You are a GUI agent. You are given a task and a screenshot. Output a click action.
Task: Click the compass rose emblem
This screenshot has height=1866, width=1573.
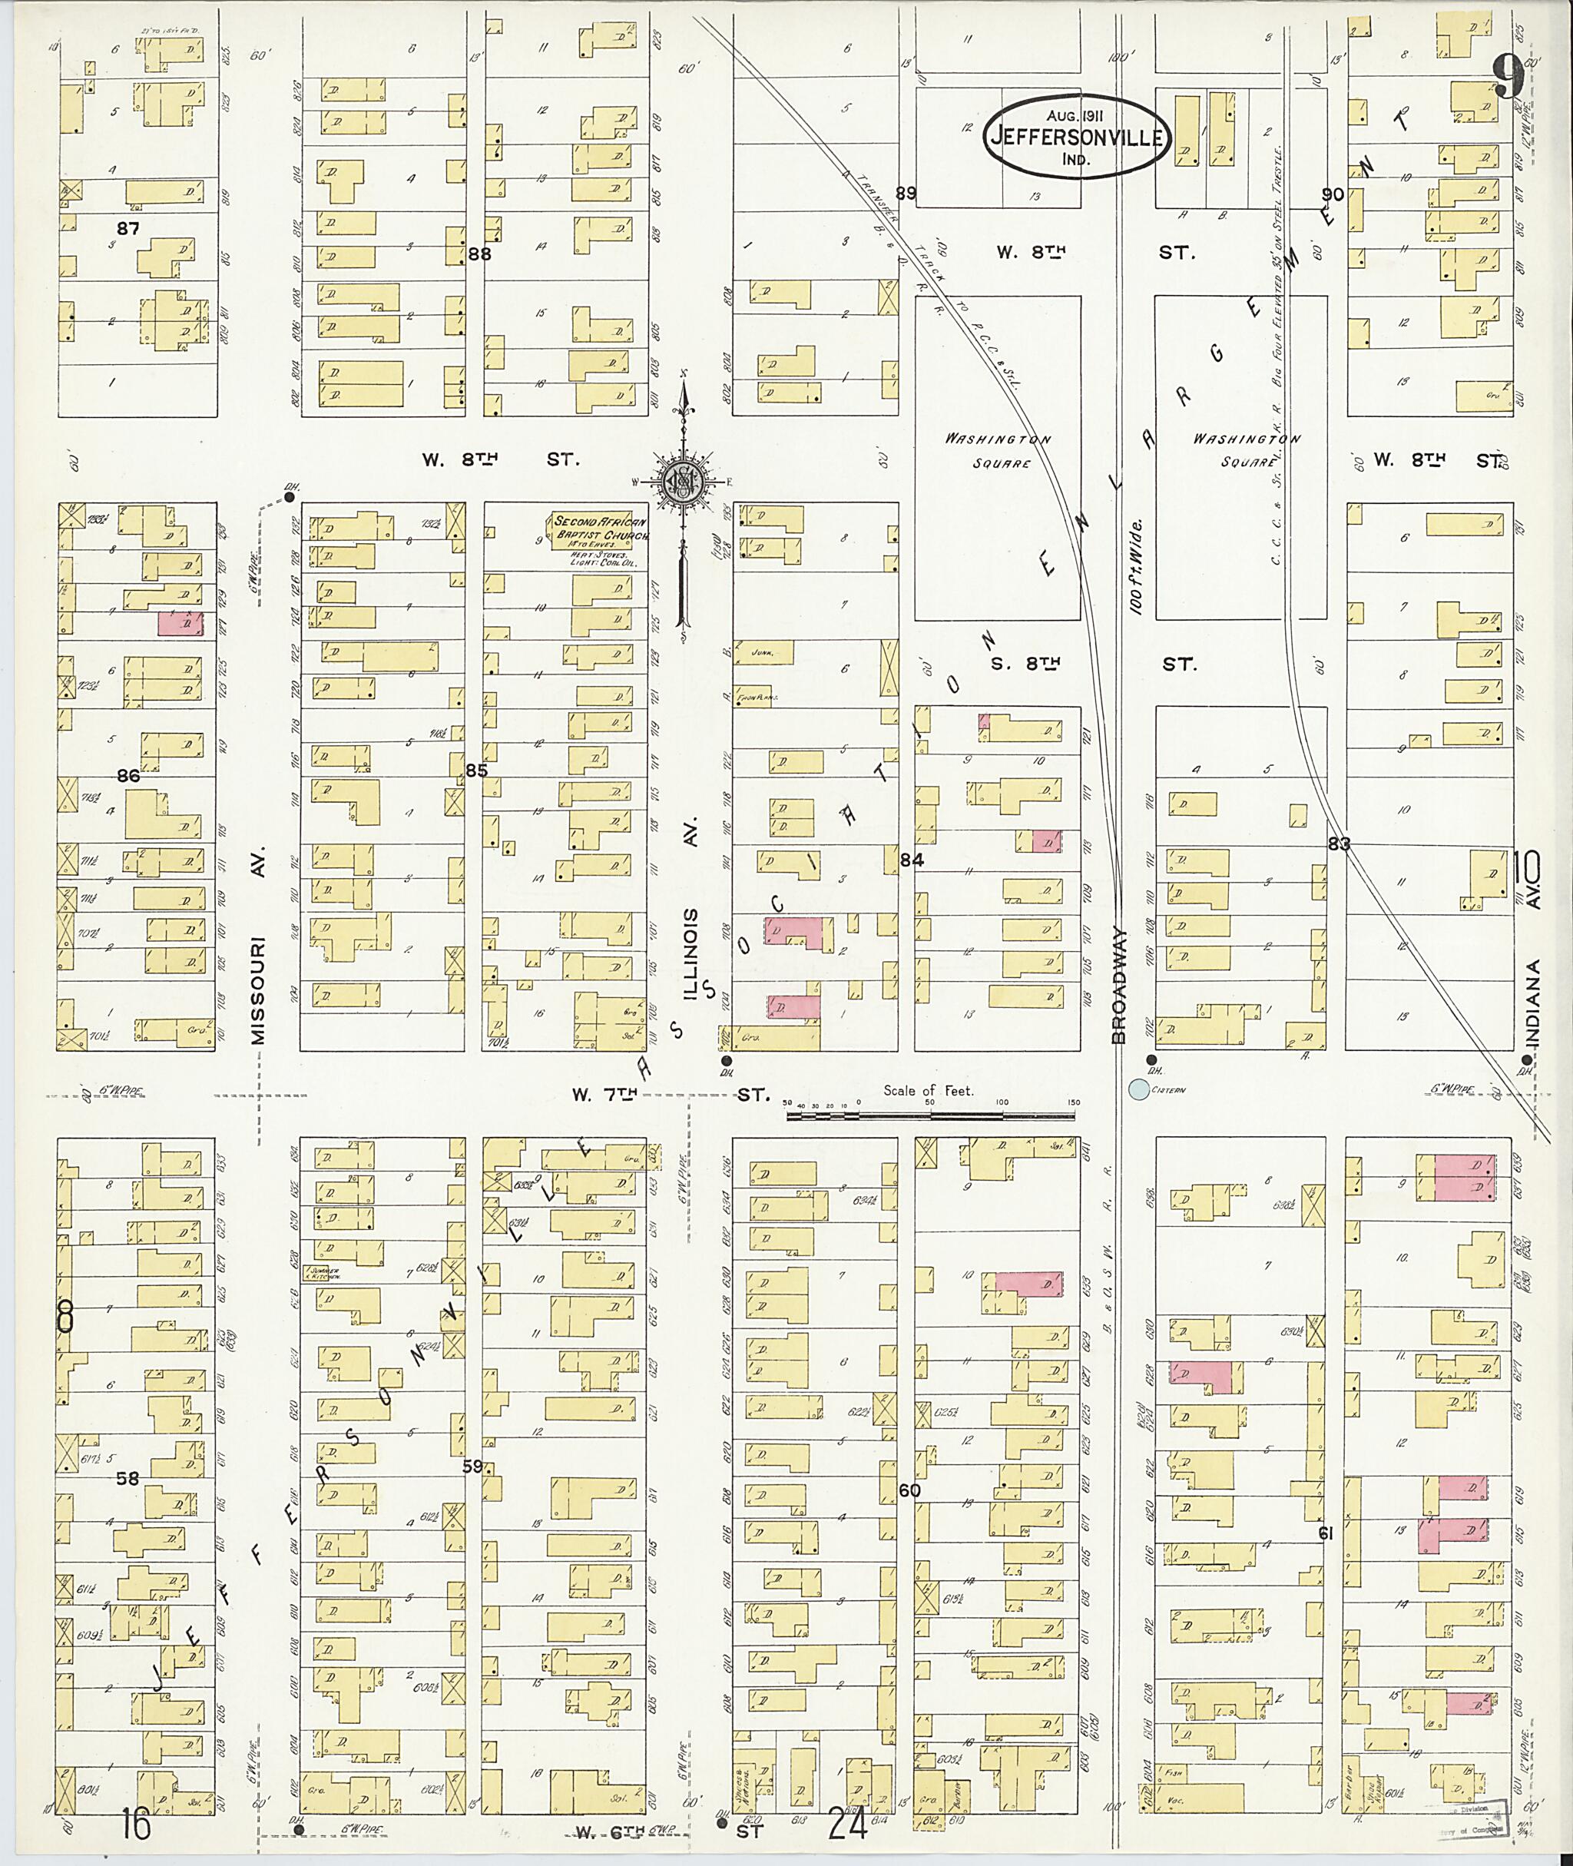683,482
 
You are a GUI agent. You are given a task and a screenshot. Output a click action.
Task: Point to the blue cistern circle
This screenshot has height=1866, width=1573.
1138,1089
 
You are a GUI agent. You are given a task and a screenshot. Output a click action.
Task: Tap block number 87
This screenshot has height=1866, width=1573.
128,228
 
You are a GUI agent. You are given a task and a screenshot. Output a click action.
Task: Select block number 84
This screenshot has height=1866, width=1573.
912,860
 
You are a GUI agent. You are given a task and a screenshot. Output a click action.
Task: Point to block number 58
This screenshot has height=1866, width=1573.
128,1478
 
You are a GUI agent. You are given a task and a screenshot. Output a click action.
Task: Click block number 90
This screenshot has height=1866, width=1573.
1333,194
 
